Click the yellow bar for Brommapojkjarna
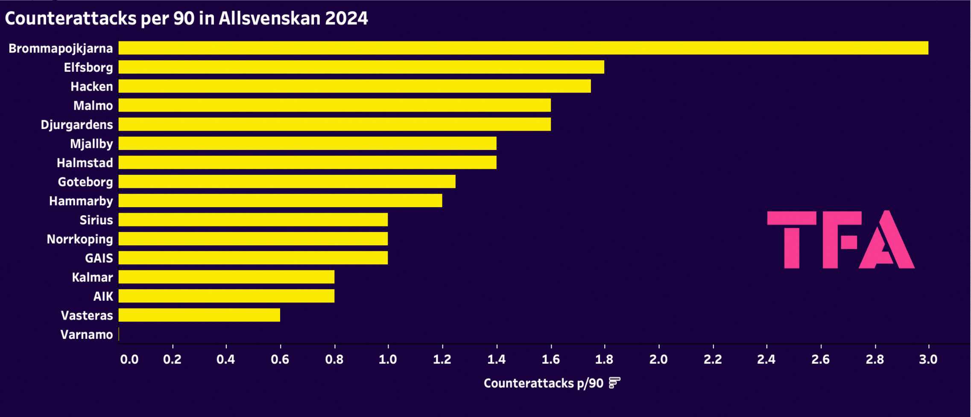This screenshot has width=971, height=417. coord(523,48)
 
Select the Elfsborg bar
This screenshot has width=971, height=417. coord(361,67)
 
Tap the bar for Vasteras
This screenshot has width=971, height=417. coord(199,315)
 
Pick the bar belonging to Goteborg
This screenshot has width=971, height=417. coord(287,182)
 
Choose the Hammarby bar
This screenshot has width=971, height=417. coord(280,201)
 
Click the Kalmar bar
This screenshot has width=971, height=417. coord(226,277)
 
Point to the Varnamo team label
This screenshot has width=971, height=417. coord(87,335)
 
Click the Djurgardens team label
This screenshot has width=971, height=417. coord(77,125)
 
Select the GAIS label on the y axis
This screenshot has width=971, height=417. coord(99,258)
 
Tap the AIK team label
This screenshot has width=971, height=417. coord(103,296)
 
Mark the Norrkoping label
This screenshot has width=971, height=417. coord(80,239)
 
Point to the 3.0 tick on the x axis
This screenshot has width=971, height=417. coord(928,359)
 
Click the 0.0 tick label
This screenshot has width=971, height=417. coord(129,359)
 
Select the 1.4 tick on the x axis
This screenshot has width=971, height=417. coord(496,359)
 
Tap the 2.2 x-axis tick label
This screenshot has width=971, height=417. coord(713,359)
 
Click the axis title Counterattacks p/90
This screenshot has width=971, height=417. coord(543,383)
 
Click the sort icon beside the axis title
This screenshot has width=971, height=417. coord(614,383)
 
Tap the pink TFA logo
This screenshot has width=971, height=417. coord(840,240)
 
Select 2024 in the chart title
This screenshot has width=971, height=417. coord(346,18)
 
